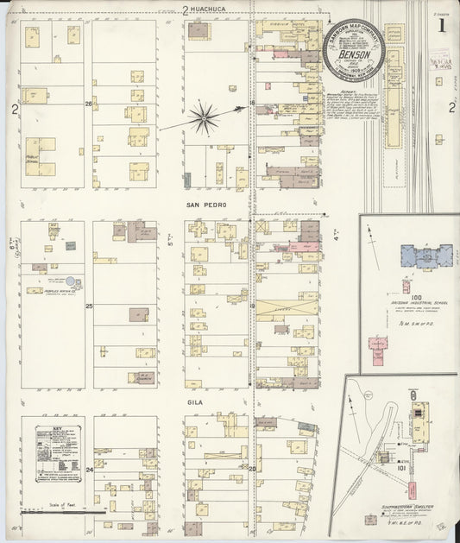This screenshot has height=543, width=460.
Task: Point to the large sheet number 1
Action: click(441, 25)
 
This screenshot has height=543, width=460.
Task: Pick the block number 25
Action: click(89, 306)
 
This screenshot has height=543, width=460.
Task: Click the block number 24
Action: click(89, 470)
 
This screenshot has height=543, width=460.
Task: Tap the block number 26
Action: click(88, 104)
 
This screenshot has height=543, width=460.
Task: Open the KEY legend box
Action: click(57, 453)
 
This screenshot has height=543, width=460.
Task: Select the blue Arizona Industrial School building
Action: click(428, 256)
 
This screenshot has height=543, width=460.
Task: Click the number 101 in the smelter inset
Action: click(425, 471)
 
